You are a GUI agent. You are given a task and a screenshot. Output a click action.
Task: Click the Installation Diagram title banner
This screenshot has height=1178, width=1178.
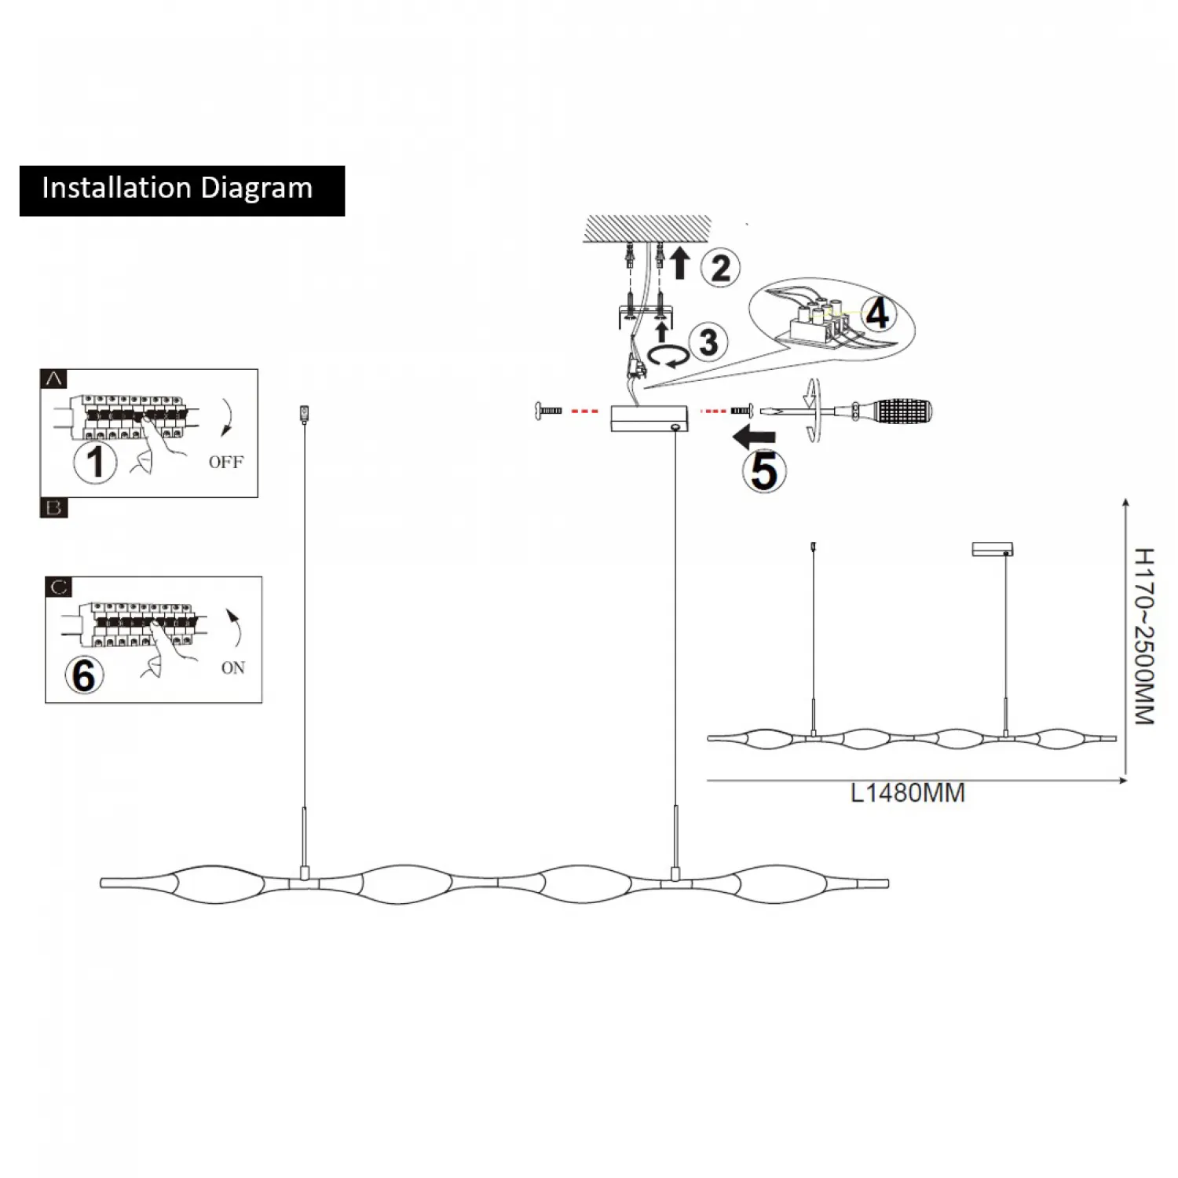181,190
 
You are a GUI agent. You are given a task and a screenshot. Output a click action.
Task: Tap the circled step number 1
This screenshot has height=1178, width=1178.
95,461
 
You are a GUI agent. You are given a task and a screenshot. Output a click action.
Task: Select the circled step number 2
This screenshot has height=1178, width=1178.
720,269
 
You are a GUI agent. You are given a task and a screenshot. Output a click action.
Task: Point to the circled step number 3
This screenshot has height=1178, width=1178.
708,342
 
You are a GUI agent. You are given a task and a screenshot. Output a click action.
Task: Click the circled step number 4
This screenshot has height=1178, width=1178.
877,313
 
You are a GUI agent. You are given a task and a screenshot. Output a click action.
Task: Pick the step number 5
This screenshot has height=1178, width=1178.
763,471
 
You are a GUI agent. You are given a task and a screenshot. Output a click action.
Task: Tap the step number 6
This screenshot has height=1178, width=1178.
84,675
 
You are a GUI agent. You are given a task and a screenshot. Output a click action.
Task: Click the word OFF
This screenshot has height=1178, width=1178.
226,462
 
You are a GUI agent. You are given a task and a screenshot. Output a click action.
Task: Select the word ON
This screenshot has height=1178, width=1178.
233,668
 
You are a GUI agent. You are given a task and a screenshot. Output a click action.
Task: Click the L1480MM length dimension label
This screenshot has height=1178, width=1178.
908,793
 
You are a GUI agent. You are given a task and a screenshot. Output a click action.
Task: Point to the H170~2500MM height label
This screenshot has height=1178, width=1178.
1144,636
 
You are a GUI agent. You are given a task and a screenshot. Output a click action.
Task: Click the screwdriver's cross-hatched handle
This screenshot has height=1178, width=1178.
902,411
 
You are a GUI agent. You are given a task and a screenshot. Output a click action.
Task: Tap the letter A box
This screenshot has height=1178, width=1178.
53,379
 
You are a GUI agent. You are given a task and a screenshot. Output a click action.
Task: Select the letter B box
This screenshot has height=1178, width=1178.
53,508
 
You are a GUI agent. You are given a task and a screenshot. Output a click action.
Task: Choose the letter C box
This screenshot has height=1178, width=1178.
59,587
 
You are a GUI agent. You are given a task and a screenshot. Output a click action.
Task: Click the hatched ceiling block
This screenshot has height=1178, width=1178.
646,229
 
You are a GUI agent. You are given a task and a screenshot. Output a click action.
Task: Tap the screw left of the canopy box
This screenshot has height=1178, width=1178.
547,410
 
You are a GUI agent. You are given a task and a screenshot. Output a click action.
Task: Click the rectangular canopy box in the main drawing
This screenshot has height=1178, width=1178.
649,418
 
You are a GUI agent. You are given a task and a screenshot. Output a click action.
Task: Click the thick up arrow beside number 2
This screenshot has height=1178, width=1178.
680,263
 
